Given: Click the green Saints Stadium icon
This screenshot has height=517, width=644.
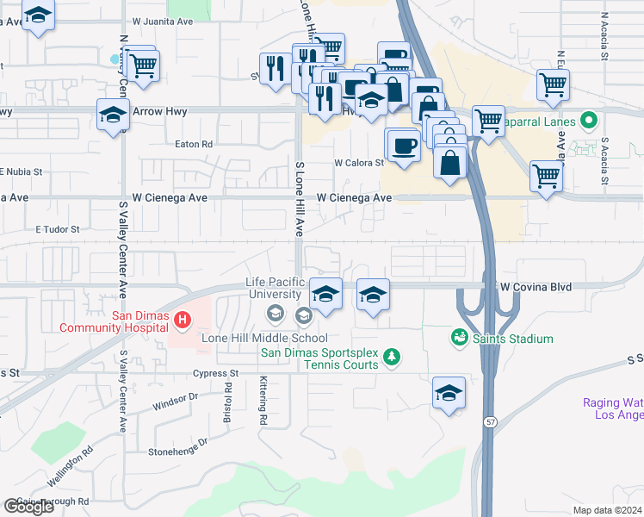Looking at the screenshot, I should click(459, 339).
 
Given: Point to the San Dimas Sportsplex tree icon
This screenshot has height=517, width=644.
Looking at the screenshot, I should click(392, 356).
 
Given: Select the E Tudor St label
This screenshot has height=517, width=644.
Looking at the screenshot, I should click(57, 230).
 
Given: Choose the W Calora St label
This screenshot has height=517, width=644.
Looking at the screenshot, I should click(358, 162).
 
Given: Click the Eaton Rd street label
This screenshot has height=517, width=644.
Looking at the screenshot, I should click(195, 145).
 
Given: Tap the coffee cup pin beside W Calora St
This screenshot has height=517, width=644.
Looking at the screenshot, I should click(402, 144).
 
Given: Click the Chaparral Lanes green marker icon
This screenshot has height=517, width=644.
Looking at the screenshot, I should click(589, 119).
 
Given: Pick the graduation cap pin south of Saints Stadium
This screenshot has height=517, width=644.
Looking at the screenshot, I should click(449, 393).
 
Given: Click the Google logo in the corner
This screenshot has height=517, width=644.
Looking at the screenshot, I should click(28, 507).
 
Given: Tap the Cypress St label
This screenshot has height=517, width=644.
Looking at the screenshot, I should click(215, 374).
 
